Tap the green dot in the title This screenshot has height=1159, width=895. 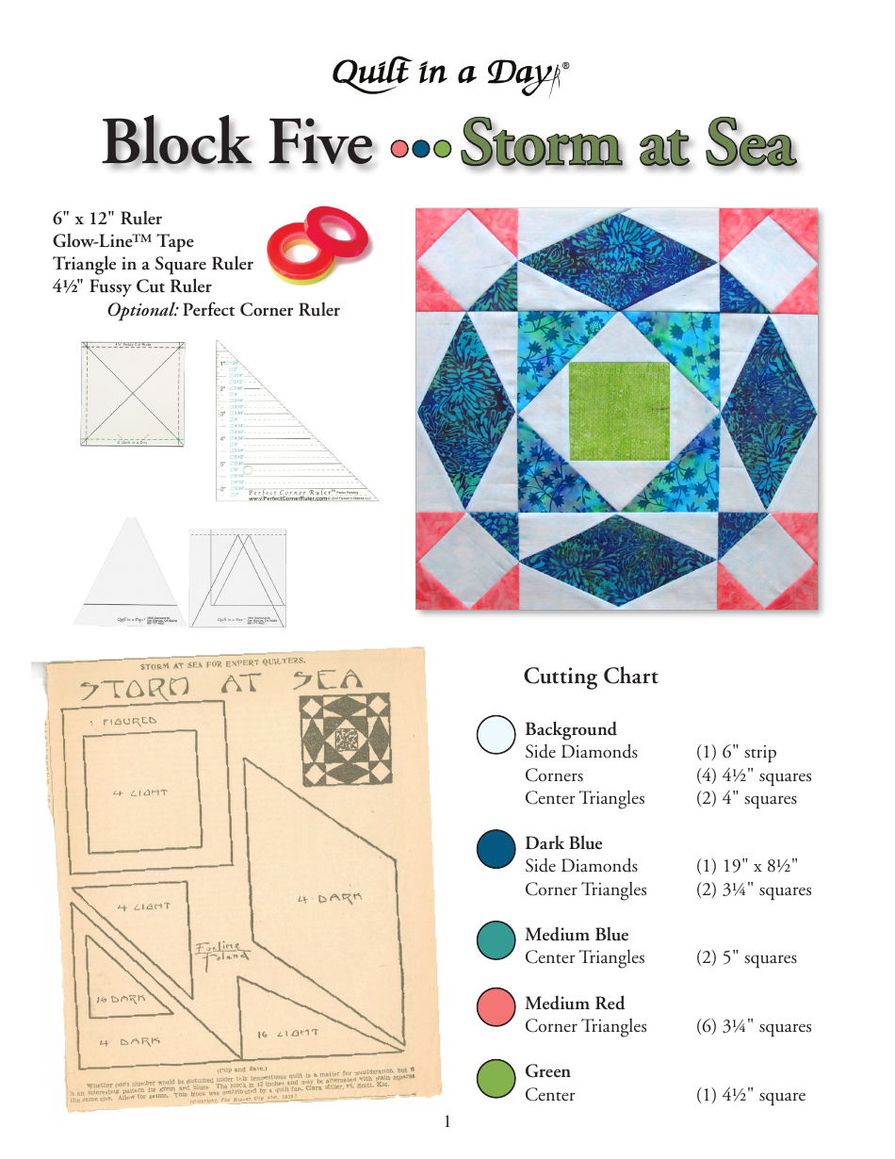[x=441, y=148]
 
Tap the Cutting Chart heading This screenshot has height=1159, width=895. [x=591, y=677]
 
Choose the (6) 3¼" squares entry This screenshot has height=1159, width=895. [x=754, y=1026]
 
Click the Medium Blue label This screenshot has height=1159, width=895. [x=577, y=935]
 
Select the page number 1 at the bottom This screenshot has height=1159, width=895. [x=447, y=1121]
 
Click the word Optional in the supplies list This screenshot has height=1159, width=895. [x=142, y=310]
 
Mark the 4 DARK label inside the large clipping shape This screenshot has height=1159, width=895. [x=329, y=899]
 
